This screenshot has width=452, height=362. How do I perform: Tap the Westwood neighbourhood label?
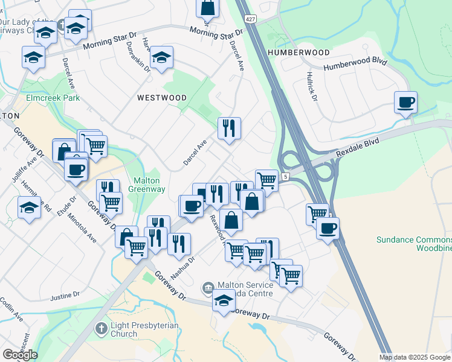pos(161,97)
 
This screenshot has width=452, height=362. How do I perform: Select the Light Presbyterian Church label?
pos(145,329)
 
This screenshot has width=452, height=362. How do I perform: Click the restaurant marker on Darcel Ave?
pos(229,128)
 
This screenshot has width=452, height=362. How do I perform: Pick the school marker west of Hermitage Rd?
pos(28,208)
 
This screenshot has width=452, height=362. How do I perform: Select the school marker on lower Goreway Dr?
pos(223,301)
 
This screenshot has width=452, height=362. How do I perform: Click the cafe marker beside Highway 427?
pos(327,228)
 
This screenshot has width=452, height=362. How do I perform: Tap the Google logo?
pos(20,355)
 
